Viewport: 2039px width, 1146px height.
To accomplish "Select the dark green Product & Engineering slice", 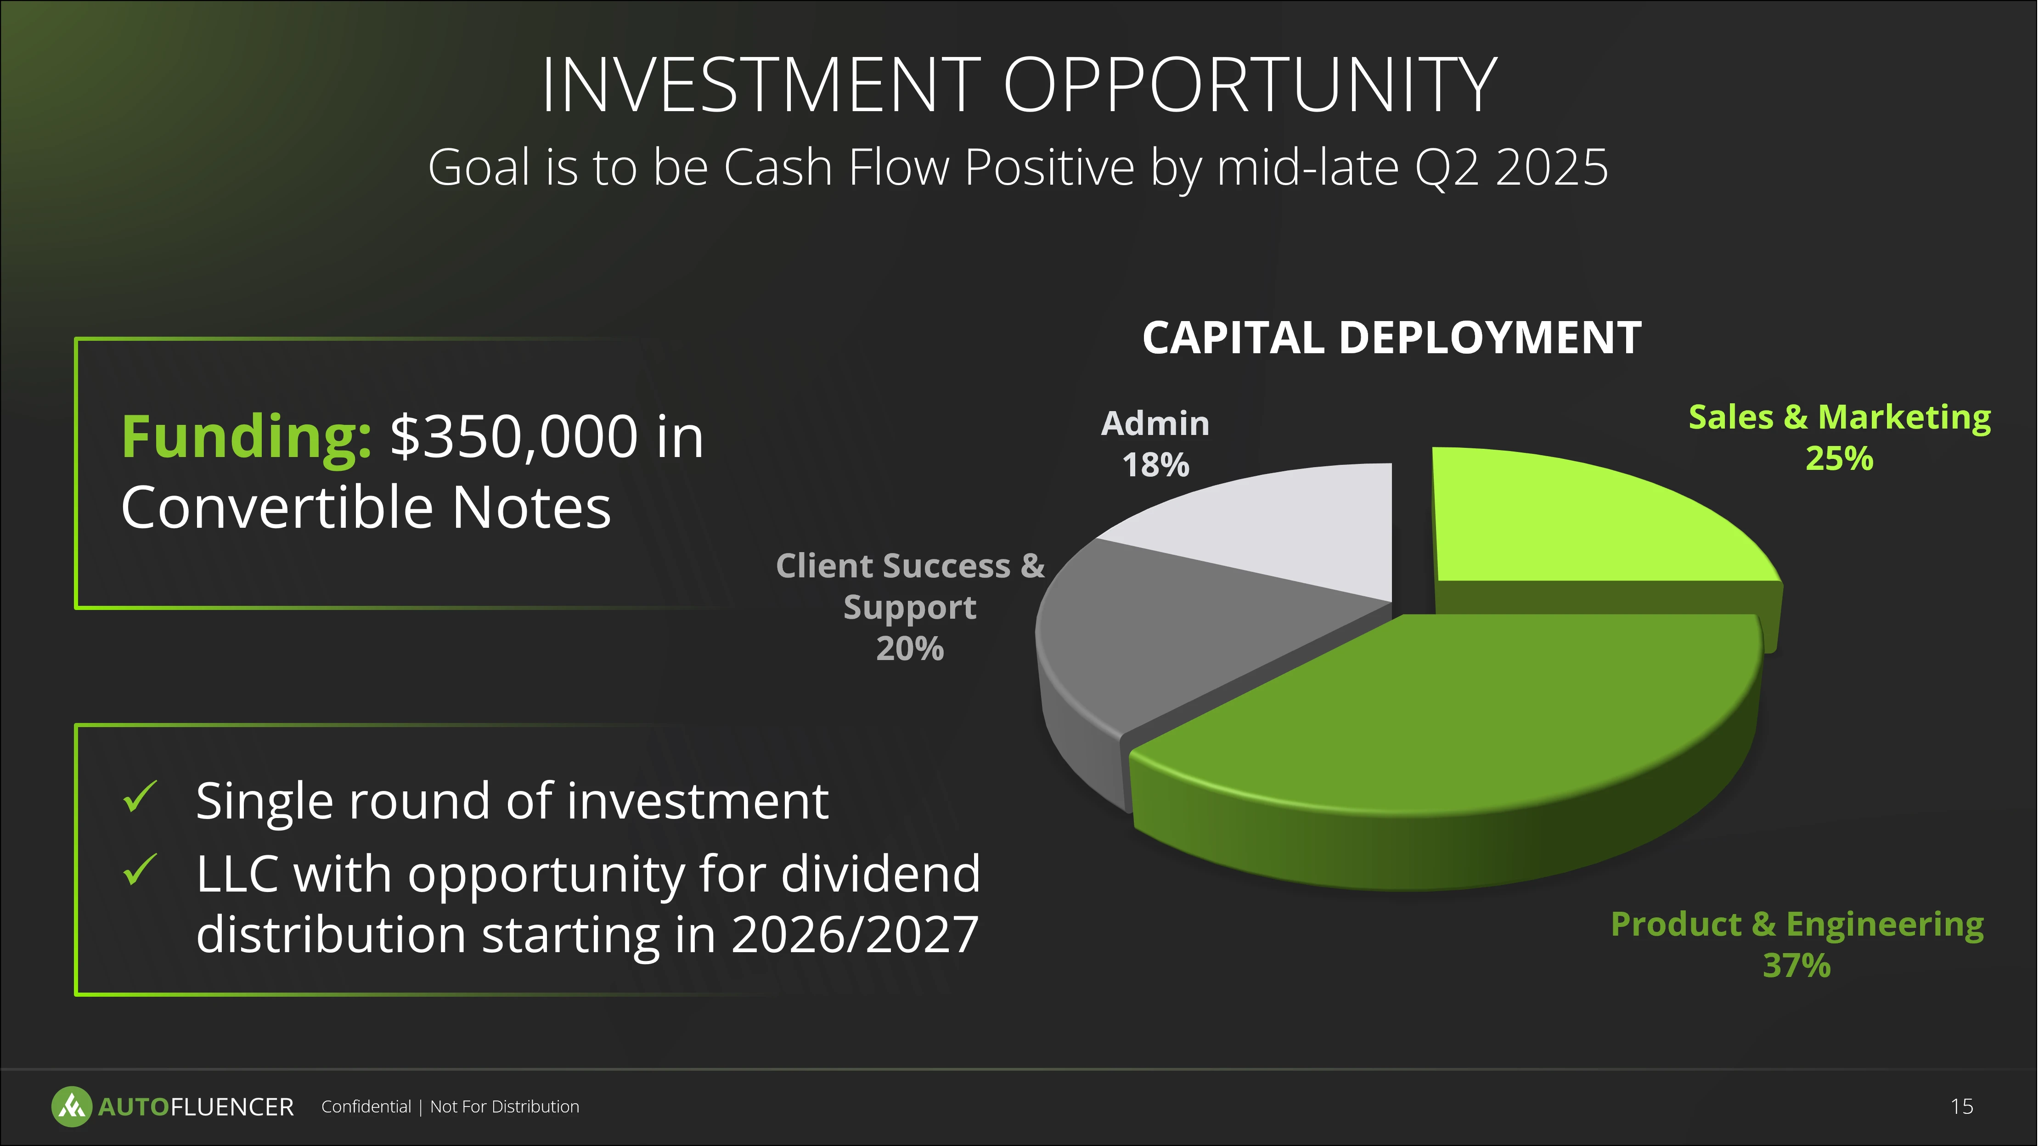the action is coord(1448,736).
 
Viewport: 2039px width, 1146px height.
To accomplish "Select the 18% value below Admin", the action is coord(1155,465).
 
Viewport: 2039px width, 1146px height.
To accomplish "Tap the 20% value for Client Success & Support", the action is coord(910,649).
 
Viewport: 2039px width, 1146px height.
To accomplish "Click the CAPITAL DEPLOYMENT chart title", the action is coord(1391,338).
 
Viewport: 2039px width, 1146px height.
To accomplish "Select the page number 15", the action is coord(1961,1106).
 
